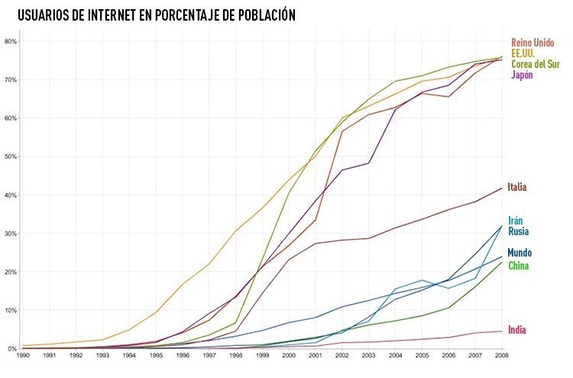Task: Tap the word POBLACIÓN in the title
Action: (x=259, y=15)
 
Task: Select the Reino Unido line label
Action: (x=532, y=43)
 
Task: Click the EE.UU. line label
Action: (x=523, y=53)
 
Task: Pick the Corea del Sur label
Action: (x=535, y=64)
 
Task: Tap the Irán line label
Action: (x=516, y=221)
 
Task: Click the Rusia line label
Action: (x=518, y=231)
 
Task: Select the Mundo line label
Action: (x=520, y=253)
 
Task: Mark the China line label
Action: (x=518, y=266)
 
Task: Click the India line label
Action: (x=516, y=330)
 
